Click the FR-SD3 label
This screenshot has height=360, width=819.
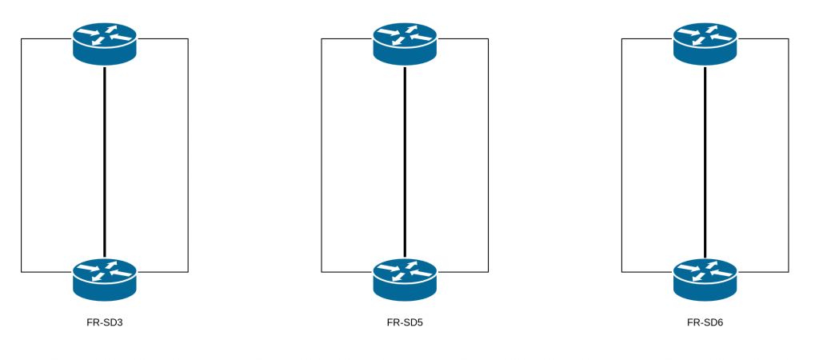point(104,323)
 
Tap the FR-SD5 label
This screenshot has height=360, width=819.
point(405,323)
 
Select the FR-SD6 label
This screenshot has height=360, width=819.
point(705,323)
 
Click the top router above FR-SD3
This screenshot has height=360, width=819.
point(105,43)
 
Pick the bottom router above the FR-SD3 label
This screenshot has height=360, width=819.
point(105,279)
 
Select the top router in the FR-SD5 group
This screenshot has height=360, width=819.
point(405,43)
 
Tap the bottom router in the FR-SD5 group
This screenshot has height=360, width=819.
point(405,279)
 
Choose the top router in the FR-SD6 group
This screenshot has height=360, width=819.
point(705,43)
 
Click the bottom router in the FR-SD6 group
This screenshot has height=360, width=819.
point(705,279)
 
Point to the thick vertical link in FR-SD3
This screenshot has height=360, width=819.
point(105,160)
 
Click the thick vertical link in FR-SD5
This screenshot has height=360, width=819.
point(405,160)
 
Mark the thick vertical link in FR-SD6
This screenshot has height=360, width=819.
point(705,160)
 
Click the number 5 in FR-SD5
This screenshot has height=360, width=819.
point(419,323)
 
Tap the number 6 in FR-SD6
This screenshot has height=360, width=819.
point(720,323)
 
